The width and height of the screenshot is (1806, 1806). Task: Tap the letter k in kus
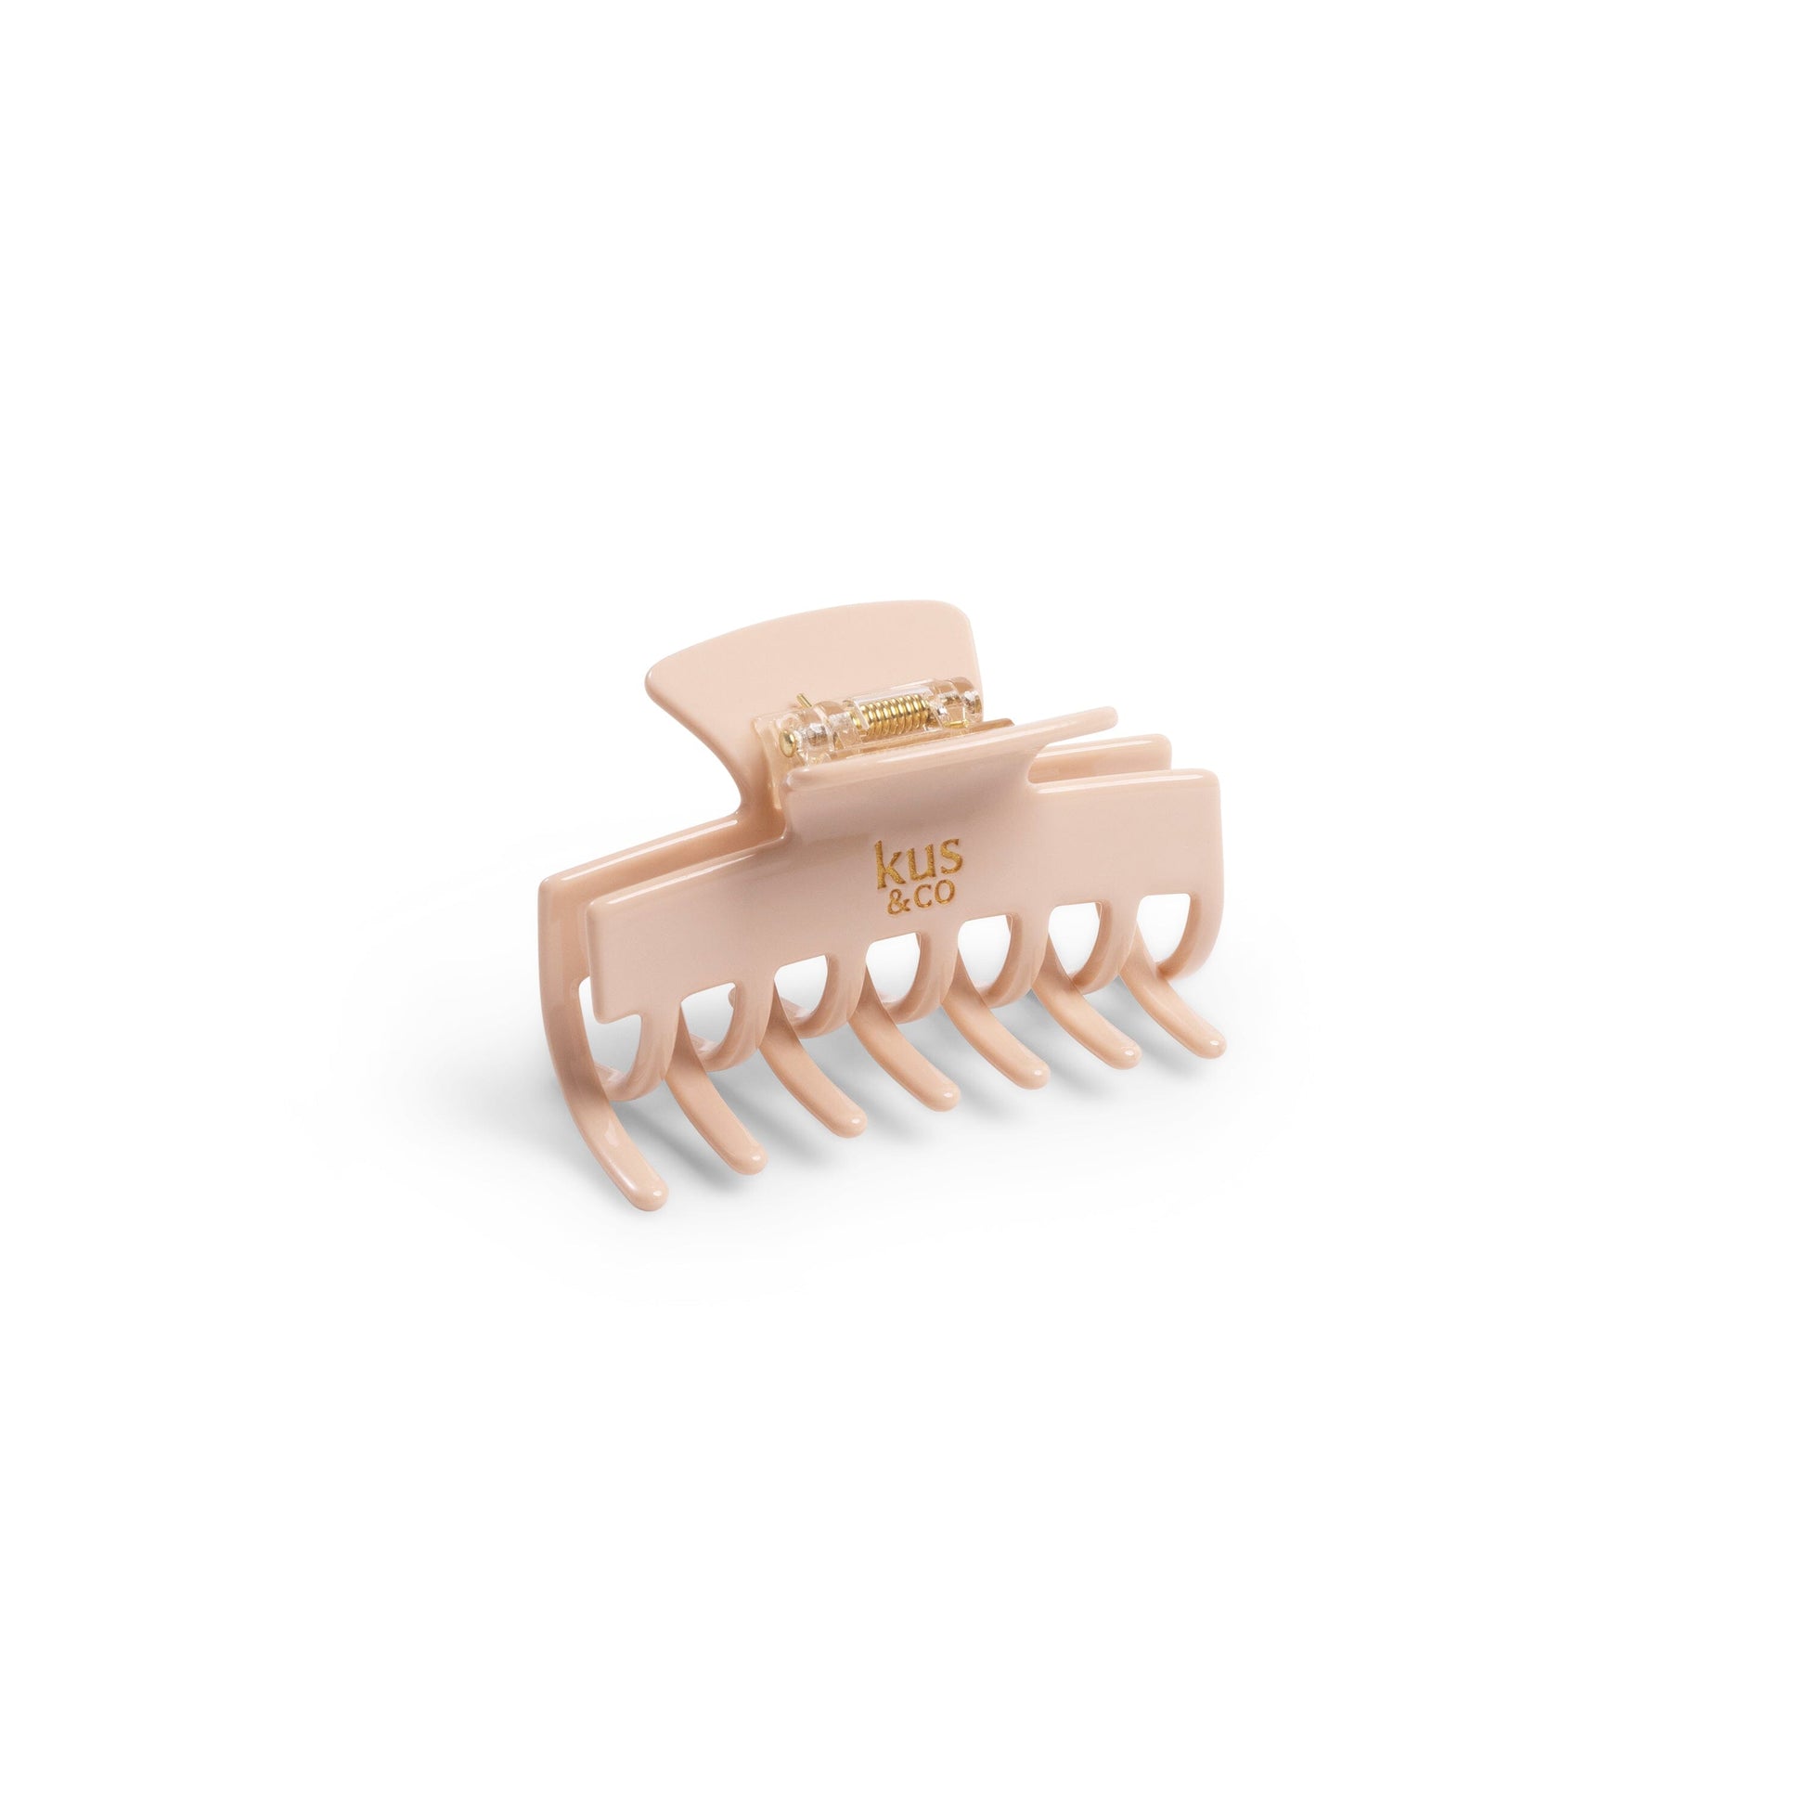885,863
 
